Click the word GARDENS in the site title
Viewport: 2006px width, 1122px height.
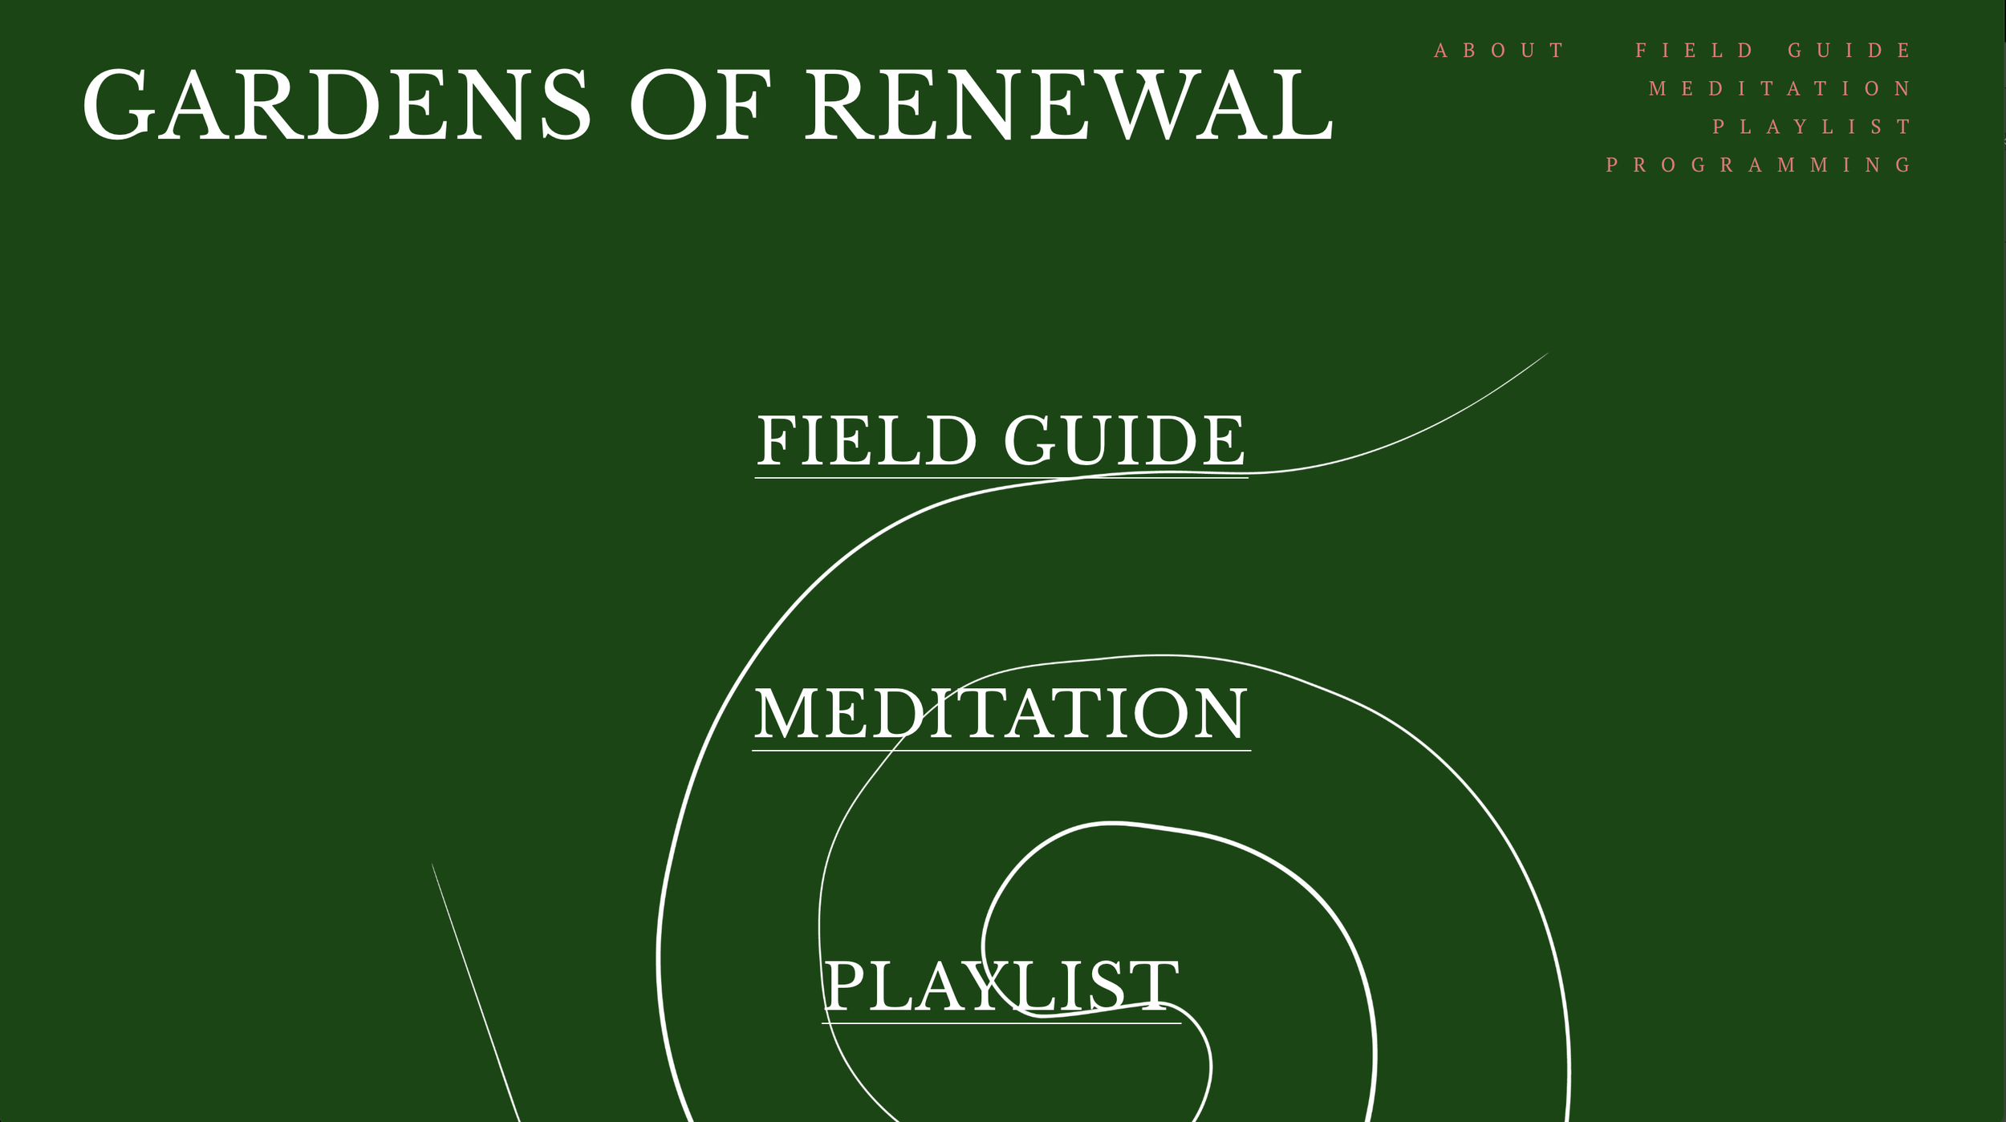click(337, 104)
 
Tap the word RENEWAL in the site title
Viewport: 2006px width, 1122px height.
click(1069, 104)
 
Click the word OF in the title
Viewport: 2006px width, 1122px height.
click(699, 104)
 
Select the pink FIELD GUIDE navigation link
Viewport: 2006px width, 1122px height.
click(1774, 51)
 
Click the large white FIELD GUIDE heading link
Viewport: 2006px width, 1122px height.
click(1001, 440)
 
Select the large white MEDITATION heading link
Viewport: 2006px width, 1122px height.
click(1001, 713)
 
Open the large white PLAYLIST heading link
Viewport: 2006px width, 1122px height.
click(1001, 986)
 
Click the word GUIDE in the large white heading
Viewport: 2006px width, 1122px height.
click(1124, 440)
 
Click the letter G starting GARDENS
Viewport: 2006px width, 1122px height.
click(118, 104)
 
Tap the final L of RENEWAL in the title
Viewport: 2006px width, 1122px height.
click(1306, 104)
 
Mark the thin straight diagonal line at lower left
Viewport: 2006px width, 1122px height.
click(476, 993)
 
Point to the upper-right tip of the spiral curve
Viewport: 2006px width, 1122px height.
click(1545, 354)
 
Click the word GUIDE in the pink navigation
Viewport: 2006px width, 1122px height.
click(1850, 51)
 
